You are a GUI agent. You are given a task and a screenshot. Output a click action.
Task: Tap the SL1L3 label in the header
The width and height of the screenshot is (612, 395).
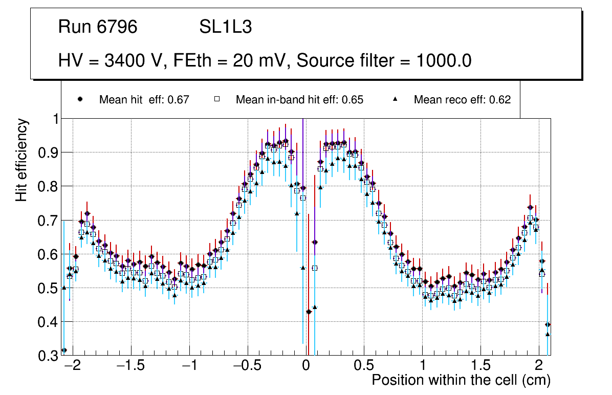pos(225,27)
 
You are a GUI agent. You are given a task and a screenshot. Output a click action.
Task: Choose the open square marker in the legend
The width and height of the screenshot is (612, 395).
pos(216,99)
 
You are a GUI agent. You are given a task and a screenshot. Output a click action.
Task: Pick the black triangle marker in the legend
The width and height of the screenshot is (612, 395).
pos(395,99)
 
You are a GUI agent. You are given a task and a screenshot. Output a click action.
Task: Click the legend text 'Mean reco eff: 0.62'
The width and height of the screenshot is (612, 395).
pos(462,100)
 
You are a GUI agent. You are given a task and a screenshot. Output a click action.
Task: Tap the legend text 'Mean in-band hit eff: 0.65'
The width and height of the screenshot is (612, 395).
pos(299,100)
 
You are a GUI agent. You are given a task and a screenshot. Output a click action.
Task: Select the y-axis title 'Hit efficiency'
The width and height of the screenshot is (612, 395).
pos(21,160)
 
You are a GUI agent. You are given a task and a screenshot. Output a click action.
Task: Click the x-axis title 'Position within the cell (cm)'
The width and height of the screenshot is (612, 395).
pos(461,380)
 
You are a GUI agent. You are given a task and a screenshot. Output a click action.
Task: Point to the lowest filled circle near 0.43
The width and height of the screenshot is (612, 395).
pos(309,312)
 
